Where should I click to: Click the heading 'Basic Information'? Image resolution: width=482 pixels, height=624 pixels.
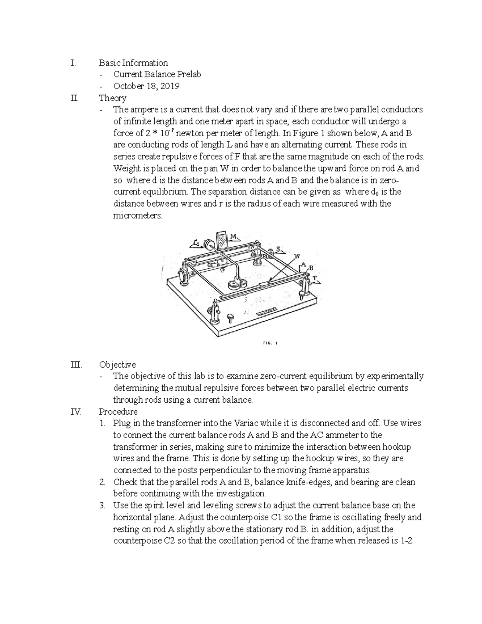[x=133, y=63]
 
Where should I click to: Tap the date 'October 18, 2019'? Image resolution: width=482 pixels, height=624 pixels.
[x=146, y=86]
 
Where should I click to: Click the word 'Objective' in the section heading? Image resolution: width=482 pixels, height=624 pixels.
[x=117, y=364]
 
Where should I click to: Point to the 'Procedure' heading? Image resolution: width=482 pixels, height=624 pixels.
[x=118, y=411]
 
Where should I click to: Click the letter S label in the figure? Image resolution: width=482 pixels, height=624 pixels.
[x=278, y=249]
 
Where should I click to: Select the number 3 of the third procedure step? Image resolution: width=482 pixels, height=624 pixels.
[x=103, y=505]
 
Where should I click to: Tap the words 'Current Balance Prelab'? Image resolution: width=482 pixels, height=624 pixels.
[x=157, y=74]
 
